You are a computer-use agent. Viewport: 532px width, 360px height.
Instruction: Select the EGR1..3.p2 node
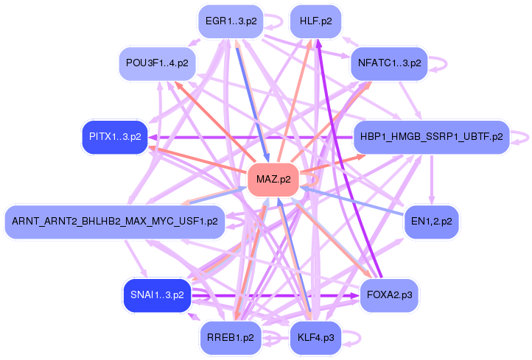pos(231,21)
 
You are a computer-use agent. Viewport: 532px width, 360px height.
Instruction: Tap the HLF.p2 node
pos(315,21)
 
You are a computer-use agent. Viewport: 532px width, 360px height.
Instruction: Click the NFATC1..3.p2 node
pos(389,63)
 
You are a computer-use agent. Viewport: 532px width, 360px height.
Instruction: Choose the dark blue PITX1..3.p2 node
pos(114,137)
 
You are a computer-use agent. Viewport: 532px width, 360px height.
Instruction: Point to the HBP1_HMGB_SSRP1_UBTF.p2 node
pos(431,137)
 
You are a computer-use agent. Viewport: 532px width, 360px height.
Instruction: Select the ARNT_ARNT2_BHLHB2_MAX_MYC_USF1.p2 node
pos(114,222)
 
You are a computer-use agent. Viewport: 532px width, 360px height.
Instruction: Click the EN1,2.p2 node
pos(432,222)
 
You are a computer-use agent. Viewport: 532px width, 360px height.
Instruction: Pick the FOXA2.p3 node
pos(389,295)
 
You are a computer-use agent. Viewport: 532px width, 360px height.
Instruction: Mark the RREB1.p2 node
pos(231,338)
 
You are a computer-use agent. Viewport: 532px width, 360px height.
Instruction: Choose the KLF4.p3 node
pos(315,338)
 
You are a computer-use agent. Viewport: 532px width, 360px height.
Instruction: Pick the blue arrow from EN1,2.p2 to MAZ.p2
pos(346,200)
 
